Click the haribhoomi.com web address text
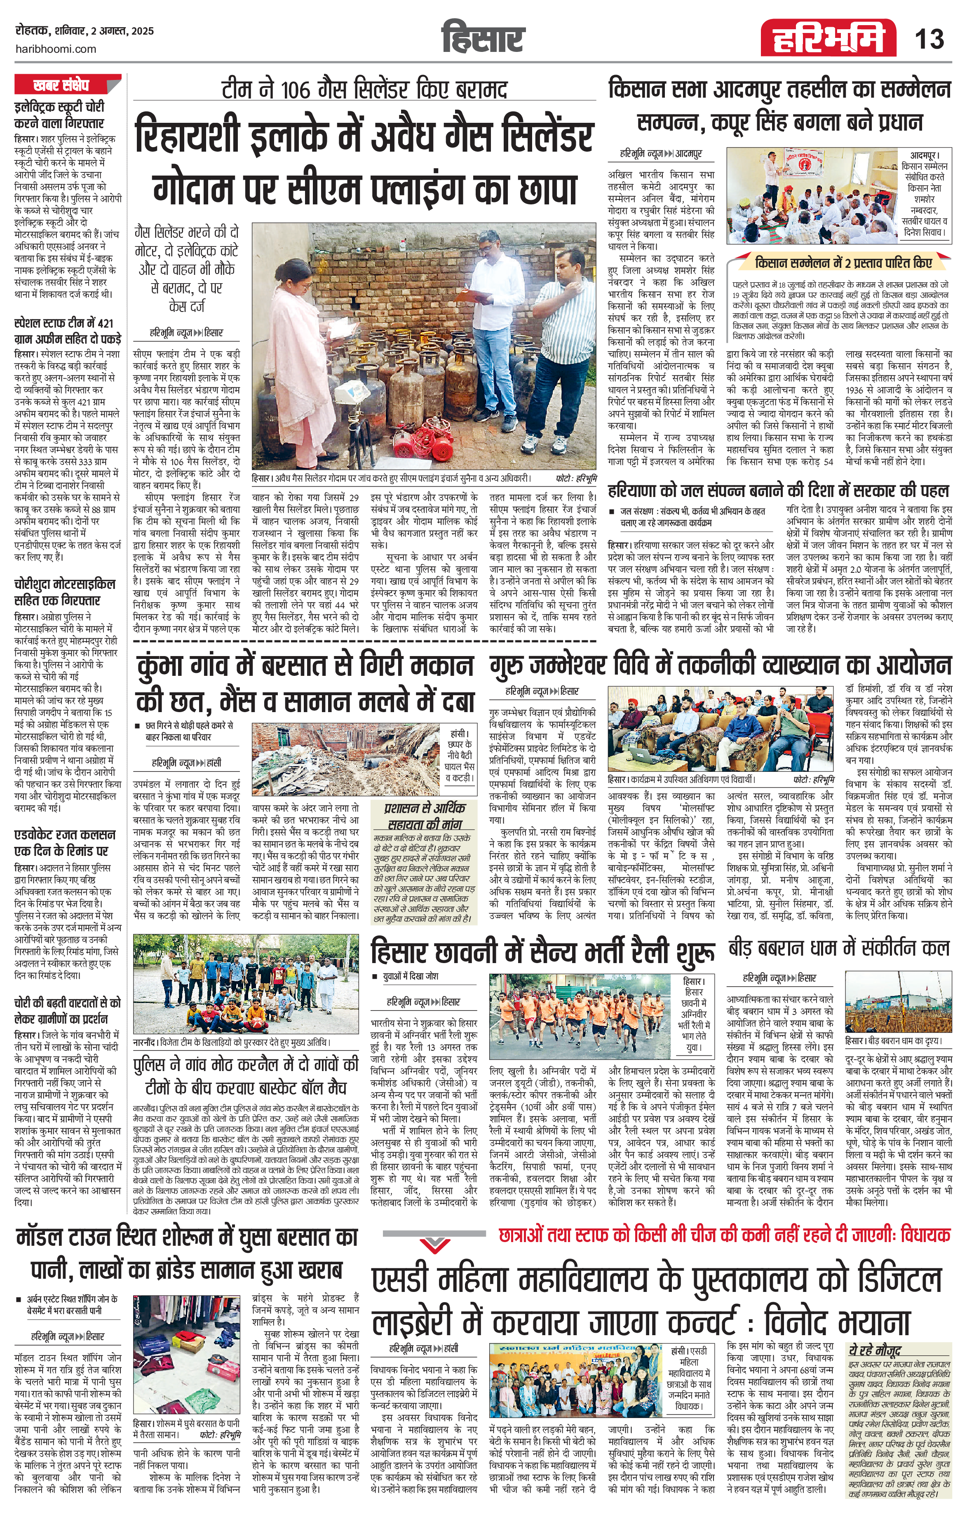pyautogui.click(x=55, y=49)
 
